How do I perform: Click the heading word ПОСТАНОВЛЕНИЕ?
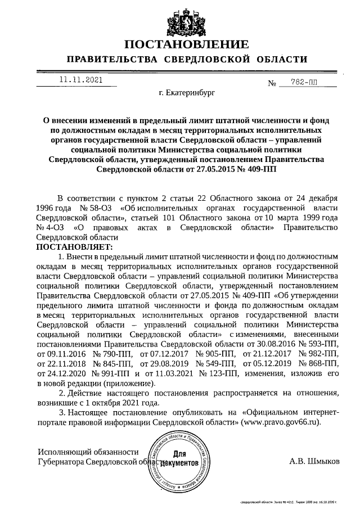[186, 44]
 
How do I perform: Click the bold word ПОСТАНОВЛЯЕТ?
[74, 246]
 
